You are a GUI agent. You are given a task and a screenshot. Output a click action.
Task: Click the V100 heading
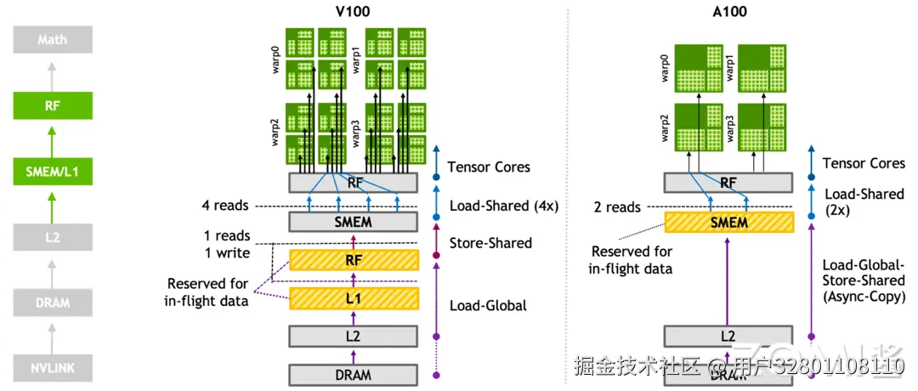pyautogui.click(x=354, y=13)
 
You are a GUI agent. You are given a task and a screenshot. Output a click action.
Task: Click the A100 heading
pyautogui.click(x=728, y=13)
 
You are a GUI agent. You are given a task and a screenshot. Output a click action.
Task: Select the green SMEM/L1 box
pyautogui.click(x=52, y=174)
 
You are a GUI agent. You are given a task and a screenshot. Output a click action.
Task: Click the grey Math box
pyautogui.click(x=52, y=39)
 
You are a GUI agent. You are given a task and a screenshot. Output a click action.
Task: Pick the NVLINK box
pyautogui.click(x=52, y=368)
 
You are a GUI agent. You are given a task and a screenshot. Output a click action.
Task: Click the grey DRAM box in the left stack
pyautogui.click(x=52, y=303)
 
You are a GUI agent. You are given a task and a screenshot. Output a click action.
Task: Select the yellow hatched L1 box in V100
pyautogui.click(x=354, y=297)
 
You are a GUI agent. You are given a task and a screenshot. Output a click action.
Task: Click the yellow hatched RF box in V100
pyautogui.click(x=354, y=259)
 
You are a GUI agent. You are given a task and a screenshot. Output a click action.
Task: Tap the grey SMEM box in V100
pyautogui.click(x=354, y=222)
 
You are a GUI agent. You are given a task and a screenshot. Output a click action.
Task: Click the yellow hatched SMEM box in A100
pyautogui.click(x=728, y=223)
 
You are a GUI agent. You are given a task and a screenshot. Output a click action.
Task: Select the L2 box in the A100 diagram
pyautogui.click(x=728, y=336)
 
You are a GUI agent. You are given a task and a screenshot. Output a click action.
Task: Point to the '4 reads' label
pyautogui.click(x=226, y=205)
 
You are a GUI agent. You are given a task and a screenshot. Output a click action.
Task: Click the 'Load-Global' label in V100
pyautogui.click(x=487, y=305)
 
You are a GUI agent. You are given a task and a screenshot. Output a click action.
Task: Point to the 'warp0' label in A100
pyautogui.click(x=666, y=68)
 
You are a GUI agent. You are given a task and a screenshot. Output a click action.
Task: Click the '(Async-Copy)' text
pyautogui.click(x=864, y=297)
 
